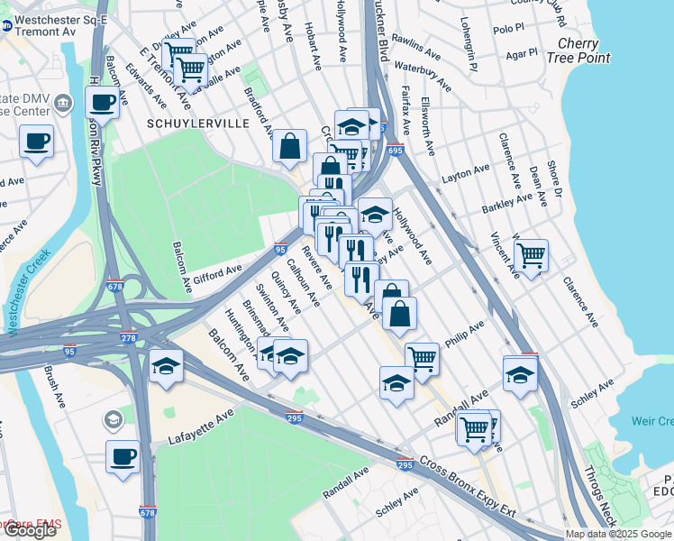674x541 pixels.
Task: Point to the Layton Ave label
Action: [466, 171]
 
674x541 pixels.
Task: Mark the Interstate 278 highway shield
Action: [127, 338]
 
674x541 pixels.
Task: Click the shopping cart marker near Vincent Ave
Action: [532, 256]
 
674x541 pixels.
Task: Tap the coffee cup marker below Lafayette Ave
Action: [123, 455]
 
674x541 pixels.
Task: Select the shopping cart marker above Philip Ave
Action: [422, 358]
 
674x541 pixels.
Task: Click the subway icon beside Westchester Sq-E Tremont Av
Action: [6, 26]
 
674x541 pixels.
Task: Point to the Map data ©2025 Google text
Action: [618, 534]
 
